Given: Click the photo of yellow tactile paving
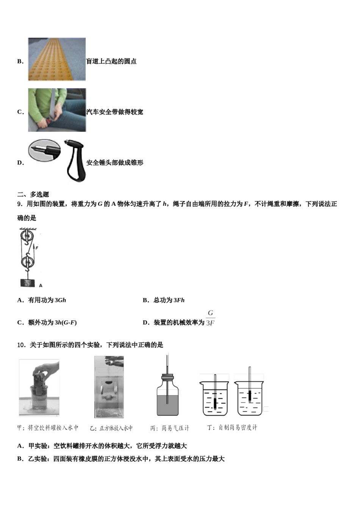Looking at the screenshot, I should click(x=57, y=59).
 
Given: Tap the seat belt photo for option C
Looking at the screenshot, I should click(x=57, y=110).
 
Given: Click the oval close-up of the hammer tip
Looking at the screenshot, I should click(x=44, y=150).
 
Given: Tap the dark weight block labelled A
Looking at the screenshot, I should click(x=28, y=283).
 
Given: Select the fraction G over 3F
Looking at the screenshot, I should click(x=210, y=318).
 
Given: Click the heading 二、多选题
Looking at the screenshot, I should click(x=33, y=194).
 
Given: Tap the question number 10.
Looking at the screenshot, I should click(x=21, y=345).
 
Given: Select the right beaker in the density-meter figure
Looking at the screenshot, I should click(x=249, y=398).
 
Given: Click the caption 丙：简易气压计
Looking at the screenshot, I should click(x=169, y=428).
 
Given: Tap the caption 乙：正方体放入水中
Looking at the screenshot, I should click(x=111, y=428).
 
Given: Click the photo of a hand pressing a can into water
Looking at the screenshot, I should click(x=39, y=388).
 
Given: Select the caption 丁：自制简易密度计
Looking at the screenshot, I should click(x=232, y=428).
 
